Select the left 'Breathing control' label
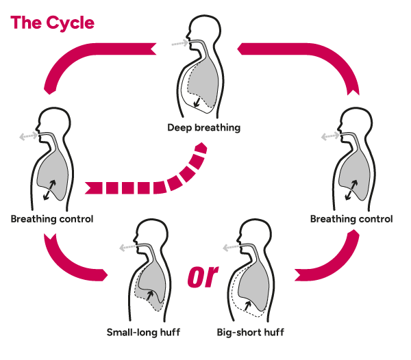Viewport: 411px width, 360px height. (52, 219)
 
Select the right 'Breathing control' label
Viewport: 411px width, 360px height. (351, 219)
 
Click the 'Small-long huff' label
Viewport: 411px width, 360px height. (145, 333)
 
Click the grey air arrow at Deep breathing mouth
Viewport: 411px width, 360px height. (179, 42)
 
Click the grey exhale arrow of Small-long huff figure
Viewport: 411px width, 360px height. (125, 248)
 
